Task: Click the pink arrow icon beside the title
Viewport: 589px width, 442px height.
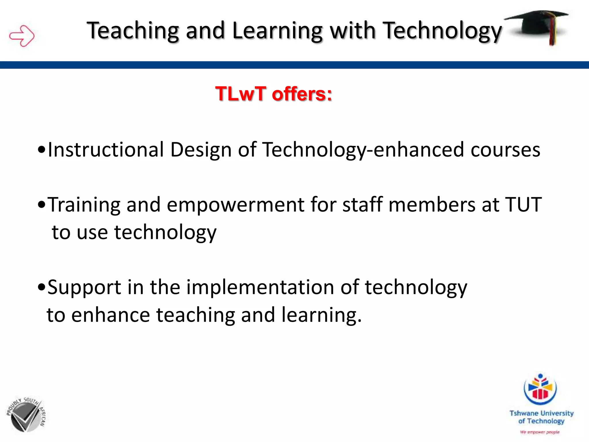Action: click(x=22, y=36)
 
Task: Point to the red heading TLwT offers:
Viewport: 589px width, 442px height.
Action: click(x=274, y=94)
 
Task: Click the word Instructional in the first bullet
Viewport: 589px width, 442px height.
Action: click(x=106, y=150)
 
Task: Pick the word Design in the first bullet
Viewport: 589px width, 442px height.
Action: click(x=201, y=150)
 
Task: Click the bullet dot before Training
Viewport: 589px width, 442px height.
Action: click(x=42, y=205)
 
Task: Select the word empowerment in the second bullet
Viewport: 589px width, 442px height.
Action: click(x=235, y=205)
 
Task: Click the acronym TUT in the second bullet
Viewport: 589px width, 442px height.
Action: click(x=523, y=205)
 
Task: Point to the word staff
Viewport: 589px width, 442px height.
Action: click(x=362, y=205)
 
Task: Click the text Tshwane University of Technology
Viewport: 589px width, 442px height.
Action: click(x=541, y=417)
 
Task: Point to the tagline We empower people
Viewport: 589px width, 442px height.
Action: click(x=540, y=432)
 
